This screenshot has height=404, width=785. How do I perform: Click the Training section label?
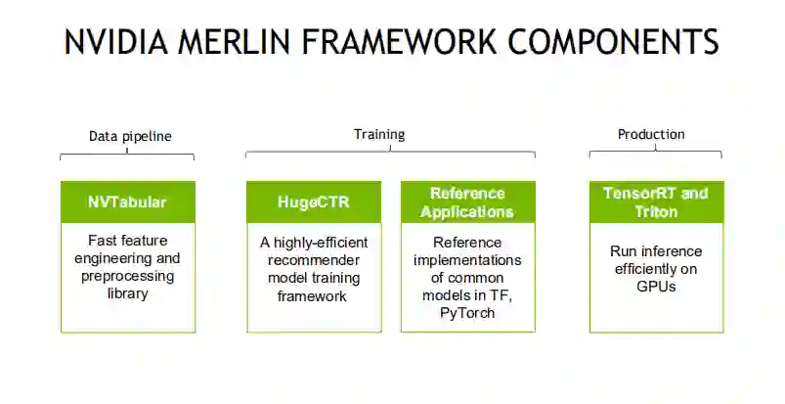[x=379, y=135]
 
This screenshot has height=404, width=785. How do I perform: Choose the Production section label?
[x=651, y=135]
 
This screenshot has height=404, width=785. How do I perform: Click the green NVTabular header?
[x=127, y=202]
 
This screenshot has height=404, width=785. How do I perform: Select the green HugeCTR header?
[x=313, y=202]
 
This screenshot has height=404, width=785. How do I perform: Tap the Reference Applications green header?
[x=467, y=202]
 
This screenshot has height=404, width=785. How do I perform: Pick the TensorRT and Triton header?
[x=655, y=202]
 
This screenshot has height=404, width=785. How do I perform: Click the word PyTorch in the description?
[x=466, y=312]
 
